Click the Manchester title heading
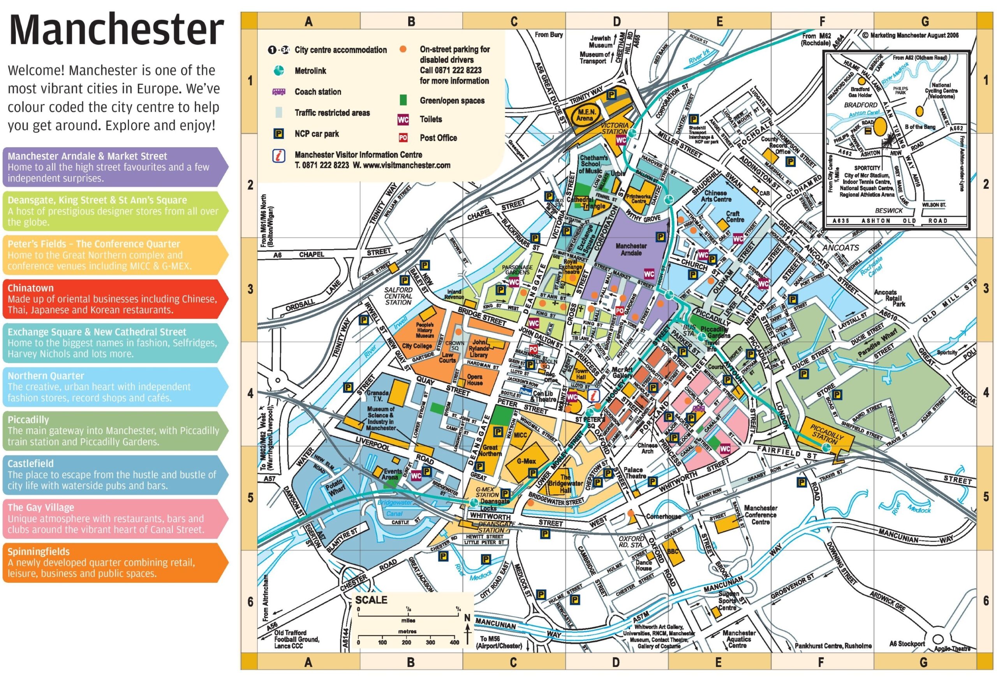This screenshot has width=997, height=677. pyautogui.click(x=116, y=30)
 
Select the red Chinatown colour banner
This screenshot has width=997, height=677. pyautogui.click(x=114, y=299)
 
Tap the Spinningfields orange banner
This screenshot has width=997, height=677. pyautogui.click(x=114, y=562)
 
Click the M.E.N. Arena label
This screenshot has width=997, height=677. pyautogui.click(x=584, y=114)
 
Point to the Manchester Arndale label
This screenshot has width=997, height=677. pyautogui.click(x=631, y=249)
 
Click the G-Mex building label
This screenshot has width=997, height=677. pyautogui.click(x=526, y=461)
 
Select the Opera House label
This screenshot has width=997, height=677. pyautogui.click(x=474, y=380)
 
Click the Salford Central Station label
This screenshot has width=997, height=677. pyautogui.click(x=398, y=296)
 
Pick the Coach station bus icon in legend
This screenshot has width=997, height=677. pyautogui.click(x=279, y=92)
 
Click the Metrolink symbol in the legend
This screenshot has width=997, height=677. pyautogui.click(x=279, y=71)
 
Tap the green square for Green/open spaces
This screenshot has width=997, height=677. pyautogui.click(x=403, y=100)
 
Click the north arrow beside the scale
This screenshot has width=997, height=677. pyautogui.click(x=468, y=630)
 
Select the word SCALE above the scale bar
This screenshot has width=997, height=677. pyautogui.click(x=371, y=600)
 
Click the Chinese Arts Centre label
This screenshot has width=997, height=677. pyautogui.click(x=716, y=196)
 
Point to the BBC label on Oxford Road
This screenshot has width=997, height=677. pyautogui.click(x=672, y=551)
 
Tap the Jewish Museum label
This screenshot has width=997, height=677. pyautogui.click(x=601, y=42)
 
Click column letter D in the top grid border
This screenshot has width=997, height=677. pyautogui.click(x=617, y=21)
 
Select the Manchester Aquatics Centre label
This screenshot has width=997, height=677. pyautogui.click(x=738, y=639)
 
